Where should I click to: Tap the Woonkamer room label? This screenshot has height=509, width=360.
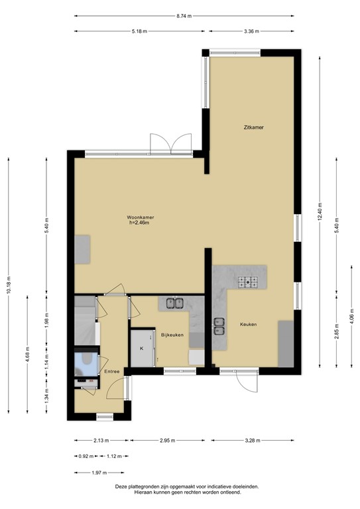(139, 217)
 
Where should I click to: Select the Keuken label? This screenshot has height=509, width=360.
(248, 324)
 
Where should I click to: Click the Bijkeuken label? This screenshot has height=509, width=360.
(172, 335)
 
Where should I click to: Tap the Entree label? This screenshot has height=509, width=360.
(112, 371)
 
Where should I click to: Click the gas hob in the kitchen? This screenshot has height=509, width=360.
(249, 282)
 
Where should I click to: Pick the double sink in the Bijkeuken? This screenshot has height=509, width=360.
(174, 304)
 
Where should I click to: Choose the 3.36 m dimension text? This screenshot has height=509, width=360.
(251, 30)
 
